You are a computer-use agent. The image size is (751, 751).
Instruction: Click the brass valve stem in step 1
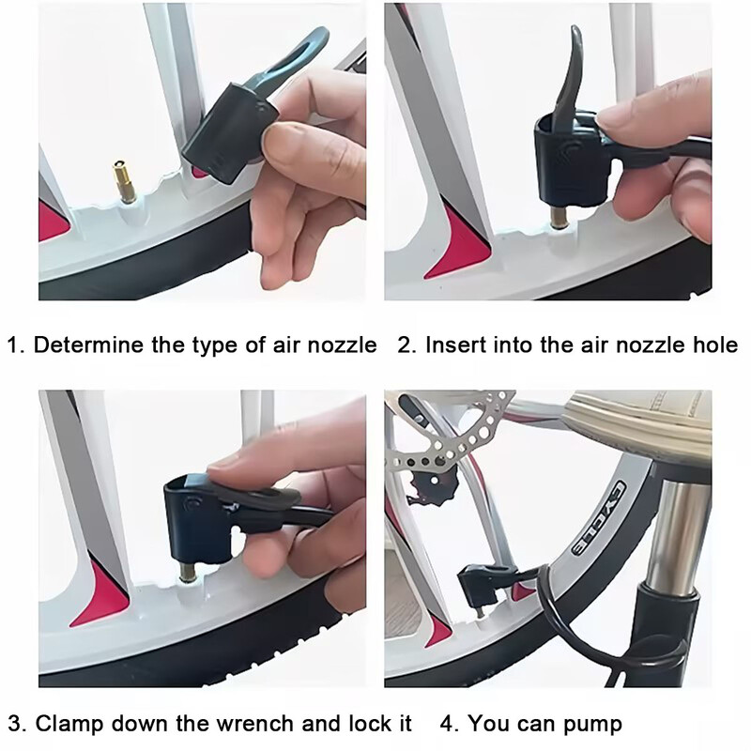pos(123,181)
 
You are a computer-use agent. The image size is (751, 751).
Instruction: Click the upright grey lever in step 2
pos(571,78)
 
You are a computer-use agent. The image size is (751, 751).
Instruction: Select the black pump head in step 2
pos(573,158)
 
